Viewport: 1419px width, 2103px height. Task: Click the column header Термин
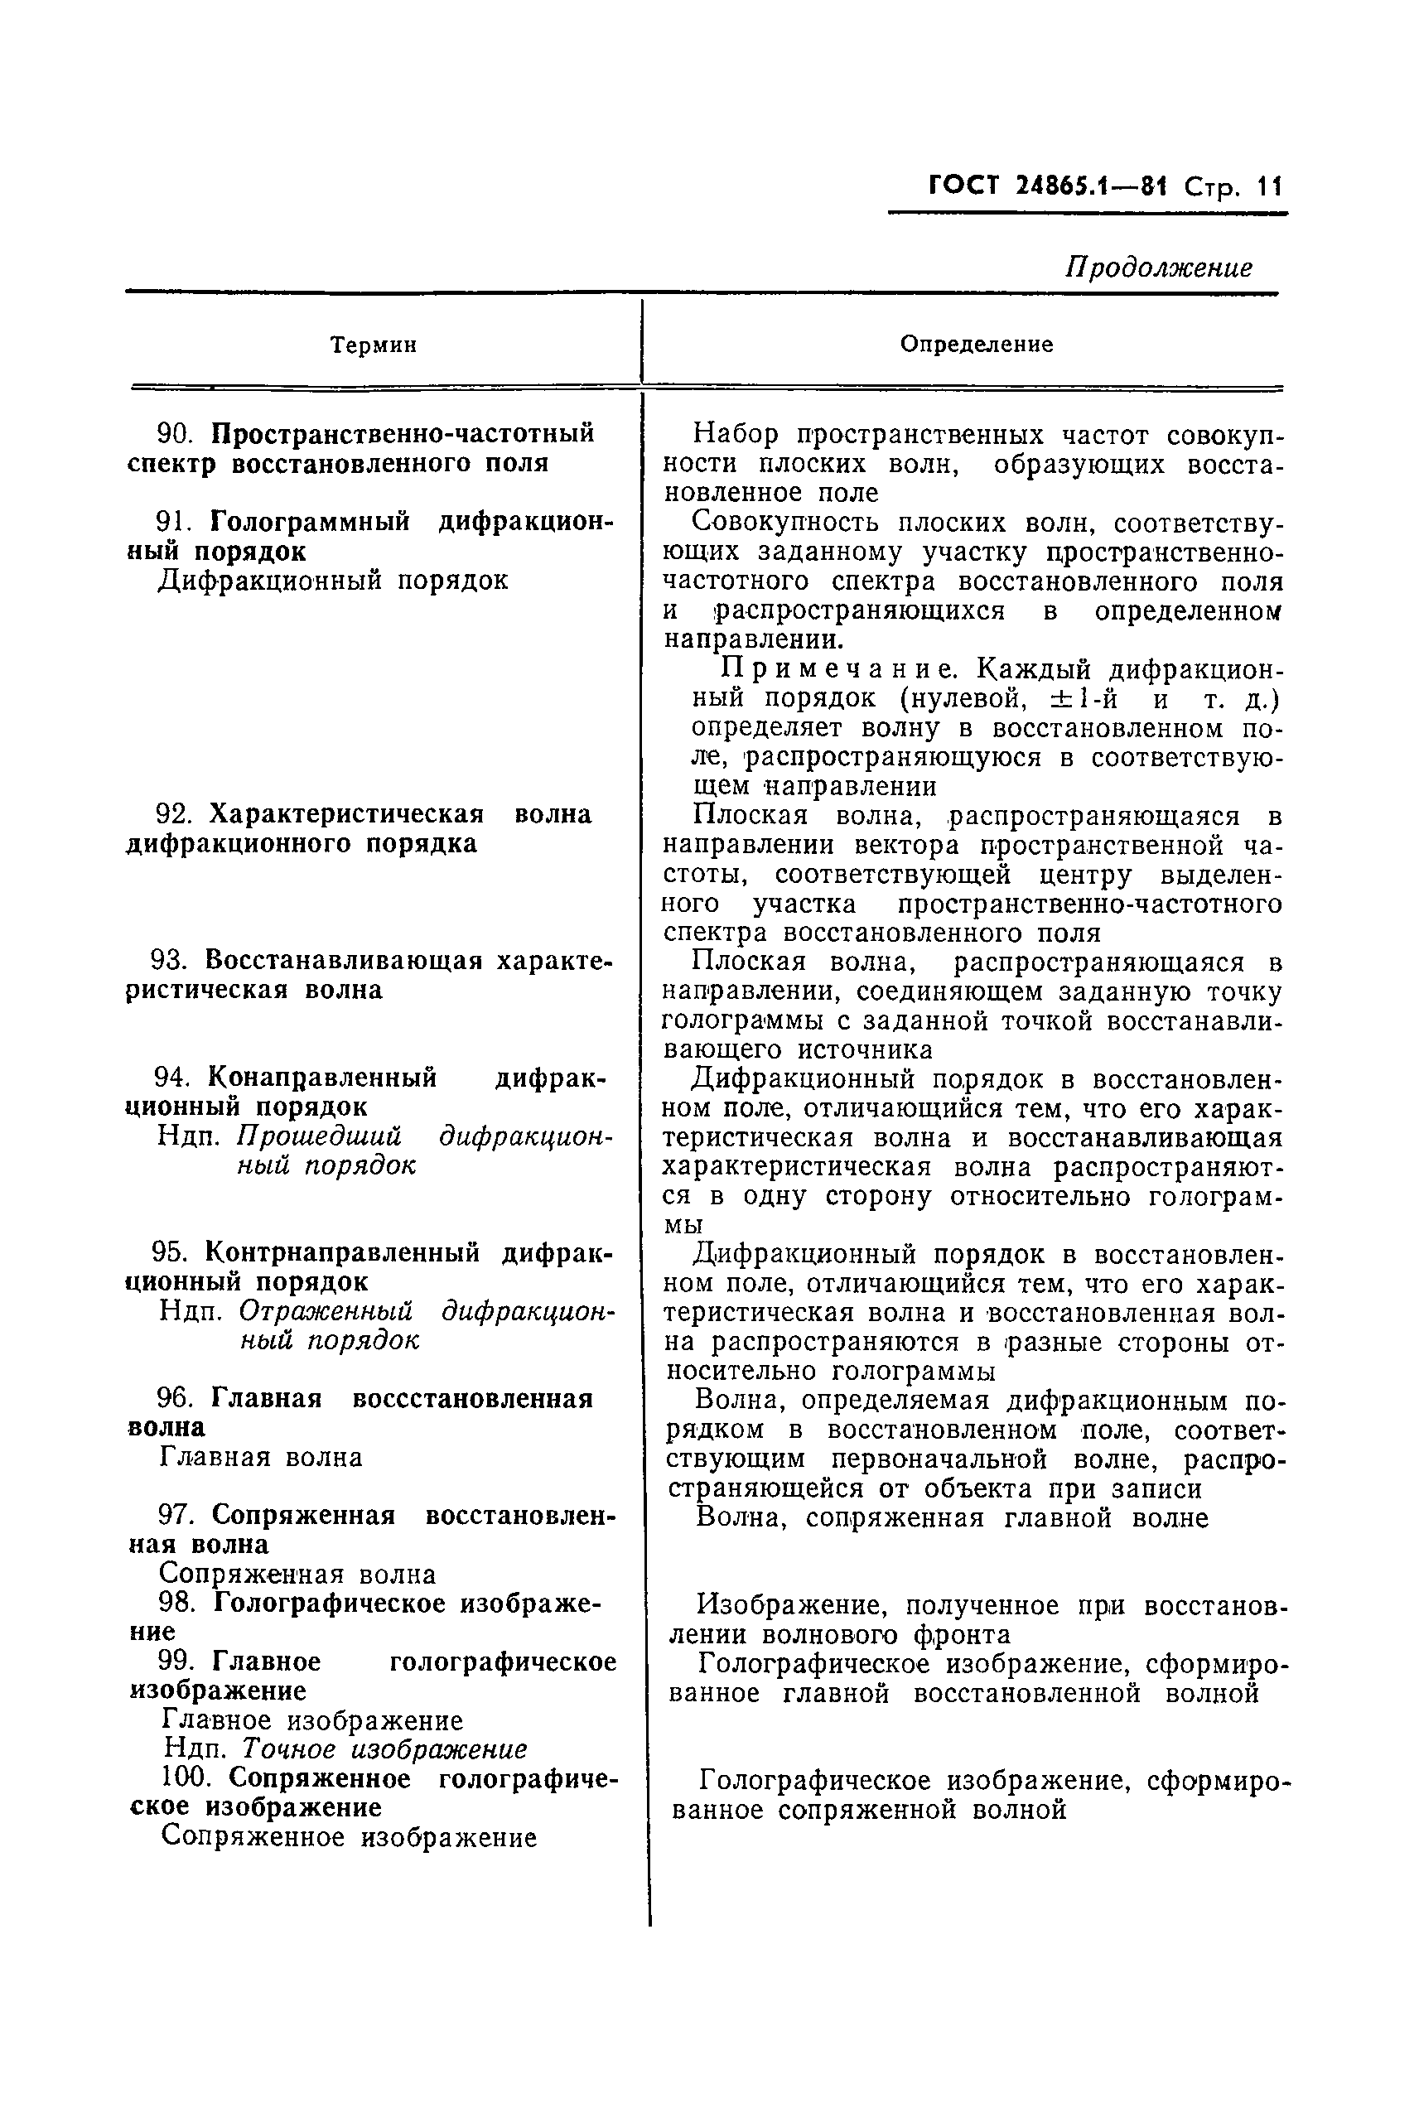click(373, 345)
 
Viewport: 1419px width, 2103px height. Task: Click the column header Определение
click(977, 345)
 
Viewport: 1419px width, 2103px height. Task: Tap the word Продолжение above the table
click(1158, 267)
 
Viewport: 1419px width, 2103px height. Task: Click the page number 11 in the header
click(1269, 186)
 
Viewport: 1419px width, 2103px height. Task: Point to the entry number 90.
click(176, 433)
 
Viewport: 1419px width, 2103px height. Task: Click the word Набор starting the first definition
click(736, 434)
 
